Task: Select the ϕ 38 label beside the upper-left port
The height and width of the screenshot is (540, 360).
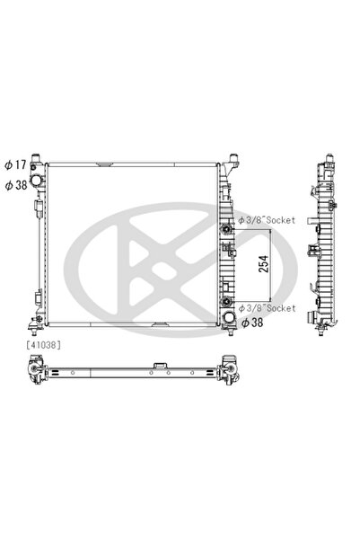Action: pyautogui.click(x=16, y=184)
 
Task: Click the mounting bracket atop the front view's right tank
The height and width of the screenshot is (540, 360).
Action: pyautogui.click(x=233, y=164)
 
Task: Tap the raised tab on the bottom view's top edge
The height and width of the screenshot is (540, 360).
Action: pyautogui.click(x=158, y=365)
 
